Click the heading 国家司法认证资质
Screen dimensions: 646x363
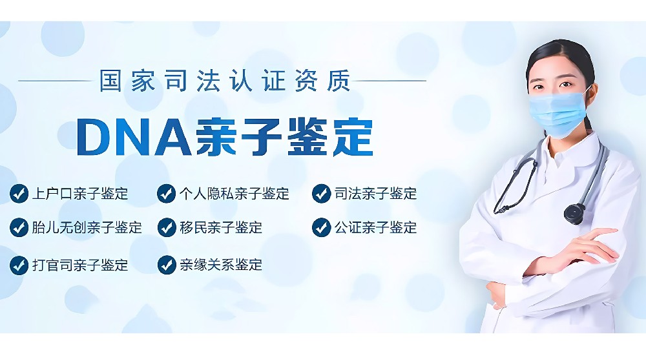click(x=225, y=81)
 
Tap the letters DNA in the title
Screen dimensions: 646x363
click(x=134, y=137)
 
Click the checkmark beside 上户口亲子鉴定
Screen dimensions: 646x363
click(x=19, y=194)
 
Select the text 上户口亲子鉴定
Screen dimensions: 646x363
click(x=80, y=194)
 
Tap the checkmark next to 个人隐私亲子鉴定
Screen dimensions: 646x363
click(x=167, y=194)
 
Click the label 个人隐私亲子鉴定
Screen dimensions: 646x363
click(x=234, y=194)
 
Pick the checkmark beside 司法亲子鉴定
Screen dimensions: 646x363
click(x=321, y=194)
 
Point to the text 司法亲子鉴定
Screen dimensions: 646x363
click(x=376, y=194)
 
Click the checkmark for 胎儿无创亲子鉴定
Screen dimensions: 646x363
click(x=19, y=227)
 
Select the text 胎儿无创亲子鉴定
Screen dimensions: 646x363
click(x=87, y=227)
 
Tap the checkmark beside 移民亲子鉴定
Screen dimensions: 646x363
click(x=167, y=227)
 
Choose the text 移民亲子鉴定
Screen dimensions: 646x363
click(x=221, y=227)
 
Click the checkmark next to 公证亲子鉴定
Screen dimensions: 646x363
click(x=321, y=227)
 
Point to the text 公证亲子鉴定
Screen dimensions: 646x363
click(x=376, y=227)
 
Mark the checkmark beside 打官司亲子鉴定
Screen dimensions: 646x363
click(x=19, y=265)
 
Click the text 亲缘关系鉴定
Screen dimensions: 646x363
click(x=221, y=265)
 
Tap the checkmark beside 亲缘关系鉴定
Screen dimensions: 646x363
click(x=167, y=265)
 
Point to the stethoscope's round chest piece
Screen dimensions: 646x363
click(x=574, y=213)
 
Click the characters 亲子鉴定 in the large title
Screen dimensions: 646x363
click(x=284, y=137)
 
